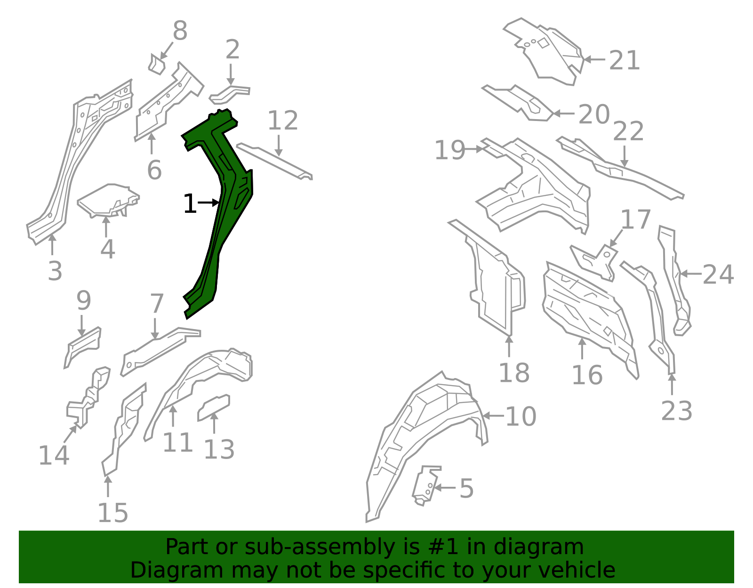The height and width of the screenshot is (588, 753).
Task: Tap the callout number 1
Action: pyautogui.click(x=190, y=203)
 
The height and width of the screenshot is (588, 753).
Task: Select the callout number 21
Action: pyautogui.click(x=624, y=60)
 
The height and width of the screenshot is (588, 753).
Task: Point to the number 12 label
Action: pyautogui.click(x=283, y=121)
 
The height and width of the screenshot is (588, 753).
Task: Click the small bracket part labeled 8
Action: pyautogui.click(x=157, y=65)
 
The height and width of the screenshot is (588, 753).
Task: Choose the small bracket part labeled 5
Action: pyautogui.click(x=426, y=485)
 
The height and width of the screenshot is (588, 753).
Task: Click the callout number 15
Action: pyautogui.click(x=113, y=513)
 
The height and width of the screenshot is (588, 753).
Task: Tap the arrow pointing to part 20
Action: pyautogui.click(x=564, y=113)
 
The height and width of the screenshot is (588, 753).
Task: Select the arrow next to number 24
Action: pyautogui.click(x=691, y=274)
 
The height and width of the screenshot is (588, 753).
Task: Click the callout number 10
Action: pyautogui.click(x=521, y=416)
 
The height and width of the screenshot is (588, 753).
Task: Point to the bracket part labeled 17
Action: pyautogui.click(x=593, y=262)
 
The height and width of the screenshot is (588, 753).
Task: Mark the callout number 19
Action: pyautogui.click(x=449, y=150)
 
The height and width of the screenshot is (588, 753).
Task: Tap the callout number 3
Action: pyautogui.click(x=55, y=271)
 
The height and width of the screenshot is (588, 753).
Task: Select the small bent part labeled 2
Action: pyautogui.click(x=229, y=94)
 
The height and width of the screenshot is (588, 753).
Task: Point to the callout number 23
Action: pyautogui.click(x=676, y=411)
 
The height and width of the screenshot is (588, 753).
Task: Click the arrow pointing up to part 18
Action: pyautogui.click(x=509, y=346)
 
